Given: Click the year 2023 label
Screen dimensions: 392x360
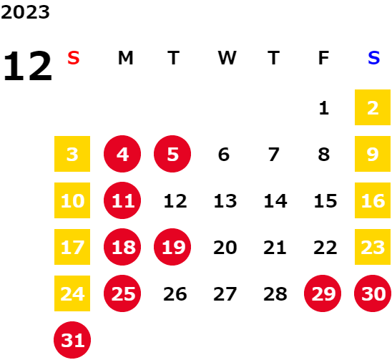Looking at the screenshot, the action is pos(25,12).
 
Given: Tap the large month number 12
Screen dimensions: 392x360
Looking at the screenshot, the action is pos(28,66).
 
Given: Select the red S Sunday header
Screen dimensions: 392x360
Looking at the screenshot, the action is pos(74,58).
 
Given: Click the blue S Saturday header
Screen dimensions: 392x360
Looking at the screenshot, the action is pos(373,58).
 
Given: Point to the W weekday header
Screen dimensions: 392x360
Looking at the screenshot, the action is pos(227,58).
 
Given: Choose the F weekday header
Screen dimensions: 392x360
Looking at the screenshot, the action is pos(323,58).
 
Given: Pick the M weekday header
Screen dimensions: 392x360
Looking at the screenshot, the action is pos(125,58).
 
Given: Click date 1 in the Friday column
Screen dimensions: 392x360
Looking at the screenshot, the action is pos(324,108).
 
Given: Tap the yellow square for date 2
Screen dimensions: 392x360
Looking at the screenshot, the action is pos(373,107).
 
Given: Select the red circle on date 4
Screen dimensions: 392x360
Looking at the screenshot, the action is pos(122,154).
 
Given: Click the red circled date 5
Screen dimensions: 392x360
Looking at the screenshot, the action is pos(172,154).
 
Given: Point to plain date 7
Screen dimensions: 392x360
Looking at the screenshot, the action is pos(274,155).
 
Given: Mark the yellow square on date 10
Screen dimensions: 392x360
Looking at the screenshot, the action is pos(72,200).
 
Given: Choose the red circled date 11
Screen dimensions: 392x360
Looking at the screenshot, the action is pos(122,200).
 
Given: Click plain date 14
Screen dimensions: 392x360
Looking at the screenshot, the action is pos(275,201).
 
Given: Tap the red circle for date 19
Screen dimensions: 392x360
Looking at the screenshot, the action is pos(172,247).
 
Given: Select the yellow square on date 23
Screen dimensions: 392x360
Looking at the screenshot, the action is pos(373,247).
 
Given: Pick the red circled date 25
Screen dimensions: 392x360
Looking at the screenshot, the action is pos(122,293).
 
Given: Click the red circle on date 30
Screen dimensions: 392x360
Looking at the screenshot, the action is pos(373,293).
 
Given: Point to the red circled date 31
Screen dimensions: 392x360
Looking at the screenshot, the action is pos(72,340).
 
